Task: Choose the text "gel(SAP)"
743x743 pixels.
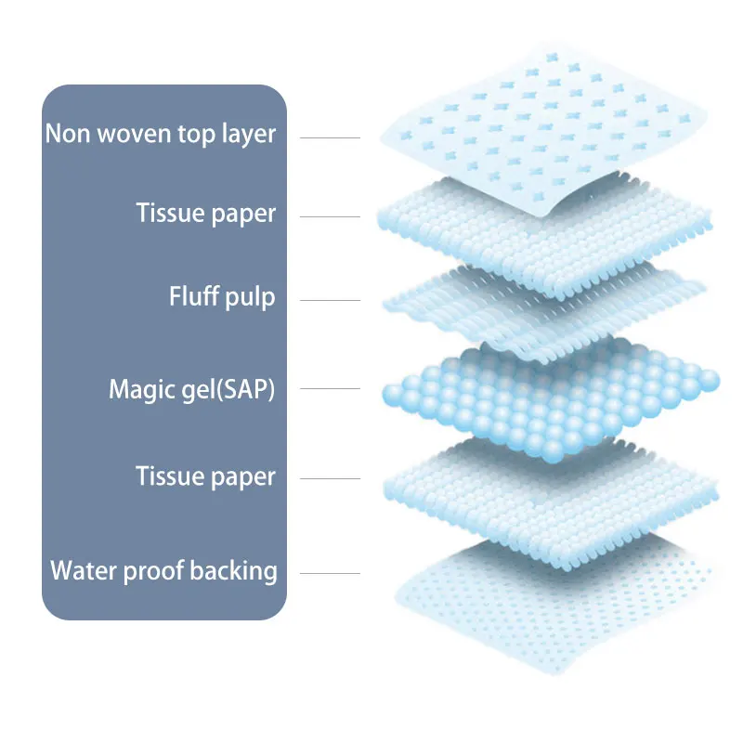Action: point(229,389)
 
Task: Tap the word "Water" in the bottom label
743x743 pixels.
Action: point(80,569)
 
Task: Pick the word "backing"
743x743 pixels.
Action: point(234,570)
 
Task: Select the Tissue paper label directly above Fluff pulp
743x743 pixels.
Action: point(205,214)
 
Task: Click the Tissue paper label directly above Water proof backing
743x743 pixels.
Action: point(205,477)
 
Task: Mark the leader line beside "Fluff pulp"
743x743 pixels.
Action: point(330,300)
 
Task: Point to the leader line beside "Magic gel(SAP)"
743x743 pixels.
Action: point(330,390)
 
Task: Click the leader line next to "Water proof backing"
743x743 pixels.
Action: point(330,573)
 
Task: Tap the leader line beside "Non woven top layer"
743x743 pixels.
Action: point(330,137)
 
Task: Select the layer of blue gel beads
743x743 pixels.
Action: point(548,395)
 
